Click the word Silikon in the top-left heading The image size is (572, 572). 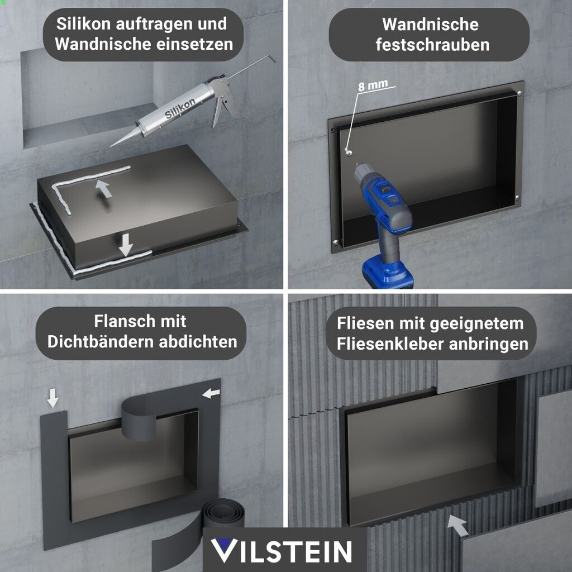pos(83,24)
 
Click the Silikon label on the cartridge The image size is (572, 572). pos(180,108)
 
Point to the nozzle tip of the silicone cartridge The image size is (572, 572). pos(111,146)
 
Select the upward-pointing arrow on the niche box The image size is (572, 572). pos(103,188)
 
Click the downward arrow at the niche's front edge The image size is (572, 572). pos(126,245)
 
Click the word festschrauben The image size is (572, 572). pos(433,45)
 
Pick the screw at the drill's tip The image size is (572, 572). pos(349,151)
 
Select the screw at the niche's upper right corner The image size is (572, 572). pos(519,93)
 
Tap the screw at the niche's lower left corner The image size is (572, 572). pos(336,242)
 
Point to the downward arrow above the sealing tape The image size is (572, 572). pos(53,398)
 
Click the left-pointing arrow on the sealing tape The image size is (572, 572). pos(211,393)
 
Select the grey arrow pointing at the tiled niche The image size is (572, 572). pos(457,525)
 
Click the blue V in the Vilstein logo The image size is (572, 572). pos(223,550)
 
